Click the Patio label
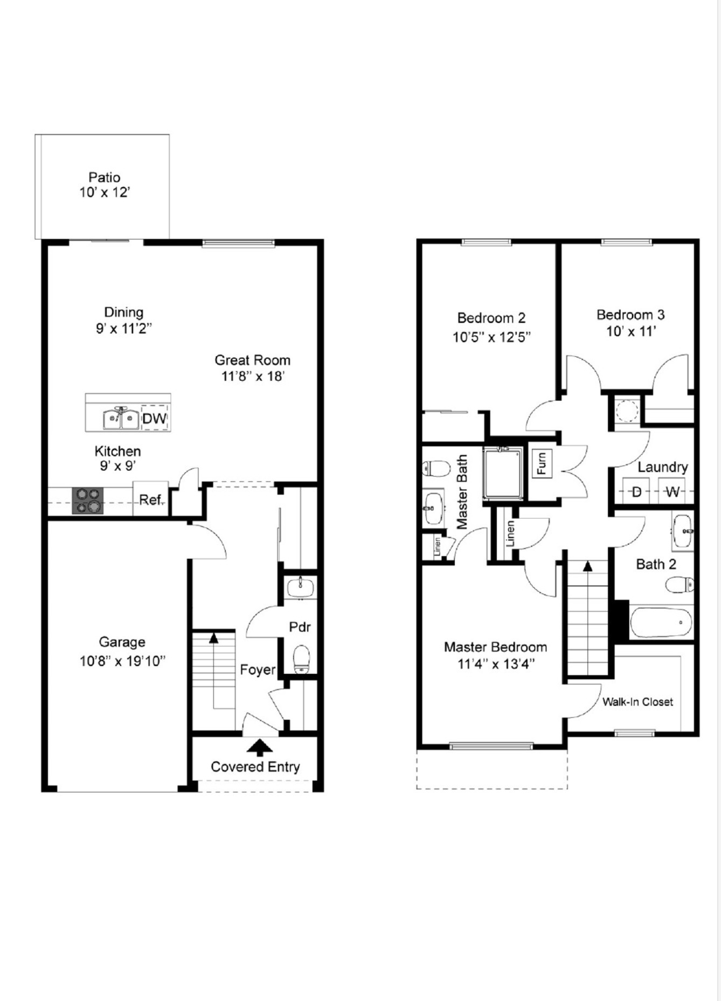click(x=104, y=177)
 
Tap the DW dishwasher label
click(x=154, y=419)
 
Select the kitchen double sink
click(x=121, y=418)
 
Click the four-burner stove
click(x=88, y=500)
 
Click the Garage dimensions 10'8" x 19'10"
click(x=122, y=661)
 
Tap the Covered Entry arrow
click(x=260, y=748)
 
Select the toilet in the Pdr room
click(x=301, y=659)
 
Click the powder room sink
click(x=300, y=587)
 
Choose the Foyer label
click(x=258, y=670)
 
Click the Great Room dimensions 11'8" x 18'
click(x=252, y=377)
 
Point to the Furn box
click(x=542, y=463)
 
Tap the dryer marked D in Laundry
click(x=636, y=492)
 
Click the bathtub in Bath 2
click(x=661, y=623)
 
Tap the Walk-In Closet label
click(x=637, y=702)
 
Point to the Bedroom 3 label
click(x=630, y=315)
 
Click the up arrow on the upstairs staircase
click(x=587, y=566)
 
